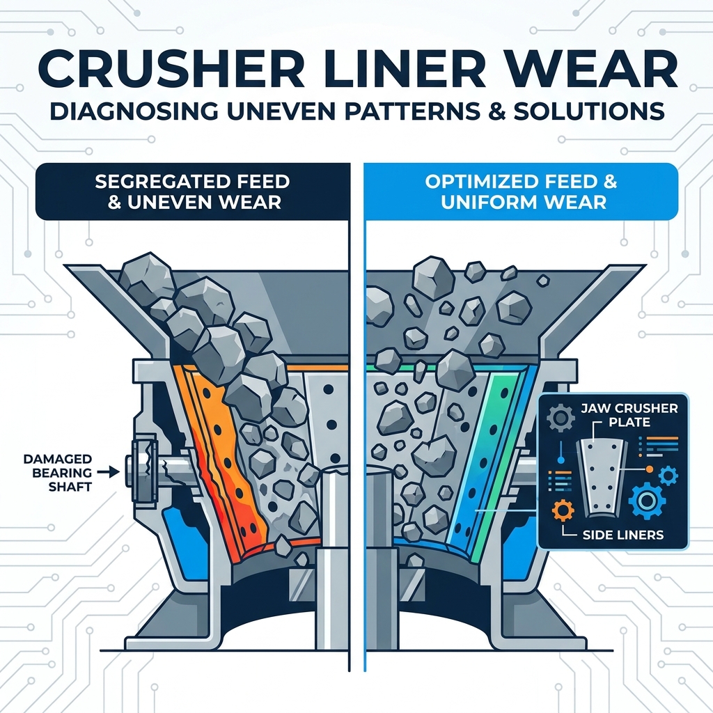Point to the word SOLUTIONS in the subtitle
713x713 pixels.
coord(589,111)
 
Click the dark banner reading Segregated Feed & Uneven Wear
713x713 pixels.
coord(192,192)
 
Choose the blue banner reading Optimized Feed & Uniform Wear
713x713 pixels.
coord(521,192)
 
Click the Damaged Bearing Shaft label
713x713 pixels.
coord(58,473)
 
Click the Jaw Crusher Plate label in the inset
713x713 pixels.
coord(629,415)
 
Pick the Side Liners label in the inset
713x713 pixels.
coord(622,535)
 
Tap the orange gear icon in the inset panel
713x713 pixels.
coord(563,510)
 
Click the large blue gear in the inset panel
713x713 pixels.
coord(646,501)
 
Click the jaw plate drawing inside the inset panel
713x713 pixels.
coord(602,478)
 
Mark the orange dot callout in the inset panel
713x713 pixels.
coord(650,469)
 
